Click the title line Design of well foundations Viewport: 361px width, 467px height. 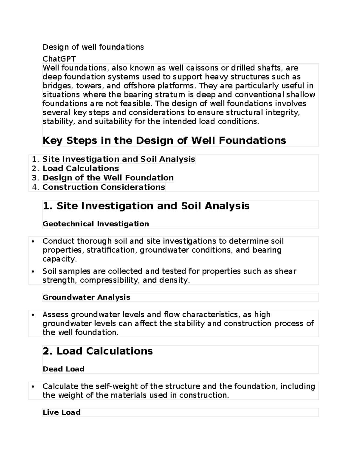[x=93, y=47]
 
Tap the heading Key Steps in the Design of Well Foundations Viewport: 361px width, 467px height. [x=164, y=140]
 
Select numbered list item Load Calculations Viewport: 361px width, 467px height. [x=81, y=168]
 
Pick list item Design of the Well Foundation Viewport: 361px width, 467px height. [x=108, y=178]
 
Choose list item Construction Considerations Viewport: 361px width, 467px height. [x=103, y=187]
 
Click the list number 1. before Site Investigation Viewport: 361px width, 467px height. [x=35, y=159]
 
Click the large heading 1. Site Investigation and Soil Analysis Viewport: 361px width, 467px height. [x=146, y=206]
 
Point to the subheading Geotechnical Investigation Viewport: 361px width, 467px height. [x=96, y=224]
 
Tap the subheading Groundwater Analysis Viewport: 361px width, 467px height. [x=86, y=297]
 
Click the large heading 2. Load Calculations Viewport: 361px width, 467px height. [x=97, y=351]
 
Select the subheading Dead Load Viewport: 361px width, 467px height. [x=63, y=369]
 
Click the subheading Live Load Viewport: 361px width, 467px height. [x=61, y=412]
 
